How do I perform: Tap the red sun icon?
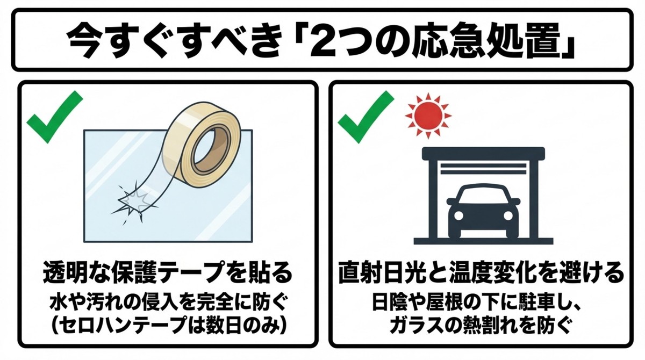tap(428, 114)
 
